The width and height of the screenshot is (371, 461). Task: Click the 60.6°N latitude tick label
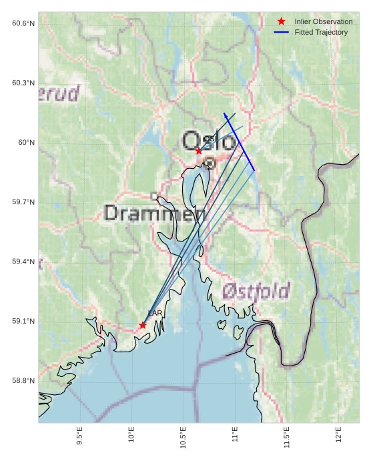click(x=23, y=23)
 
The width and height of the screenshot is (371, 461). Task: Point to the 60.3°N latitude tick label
click(x=23, y=83)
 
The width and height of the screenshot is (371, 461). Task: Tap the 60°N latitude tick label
click(x=26, y=142)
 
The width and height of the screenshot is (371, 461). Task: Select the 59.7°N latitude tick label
click(x=23, y=202)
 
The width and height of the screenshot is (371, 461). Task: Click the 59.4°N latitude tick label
click(x=23, y=262)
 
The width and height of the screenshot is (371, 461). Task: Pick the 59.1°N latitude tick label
click(x=23, y=321)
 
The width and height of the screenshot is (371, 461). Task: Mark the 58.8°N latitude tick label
click(x=23, y=381)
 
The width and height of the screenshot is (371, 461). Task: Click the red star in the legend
click(x=281, y=21)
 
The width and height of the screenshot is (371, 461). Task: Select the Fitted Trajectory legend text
click(x=321, y=32)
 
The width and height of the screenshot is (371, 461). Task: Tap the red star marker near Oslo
click(x=199, y=151)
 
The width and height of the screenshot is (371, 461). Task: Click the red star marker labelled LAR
click(x=143, y=325)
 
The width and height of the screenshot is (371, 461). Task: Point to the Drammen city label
click(x=155, y=213)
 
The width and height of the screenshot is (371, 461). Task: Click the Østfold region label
click(x=256, y=291)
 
